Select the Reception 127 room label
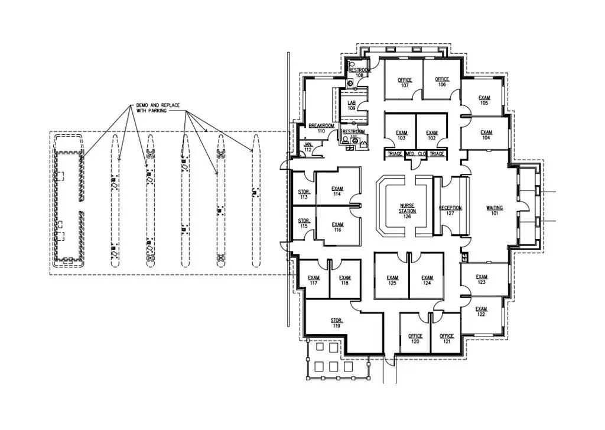tap(450, 211)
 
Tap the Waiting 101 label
tap(494, 211)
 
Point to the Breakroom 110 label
tap(321, 128)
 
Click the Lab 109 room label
tap(351, 105)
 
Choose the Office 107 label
tap(405, 83)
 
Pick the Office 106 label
tap(442, 82)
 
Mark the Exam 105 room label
tap(484, 100)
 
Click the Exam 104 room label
tap(486, 135)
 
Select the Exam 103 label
tap(402, 135)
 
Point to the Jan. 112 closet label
tap(307, 147)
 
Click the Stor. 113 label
tap(304, 194)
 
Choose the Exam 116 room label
tap(337, 228)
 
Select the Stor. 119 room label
tap(336, 323)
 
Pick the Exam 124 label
tap(427, 280)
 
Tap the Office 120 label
tap(415, 339)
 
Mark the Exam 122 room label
tap(481, 312)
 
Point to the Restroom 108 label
tap(359, 73)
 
